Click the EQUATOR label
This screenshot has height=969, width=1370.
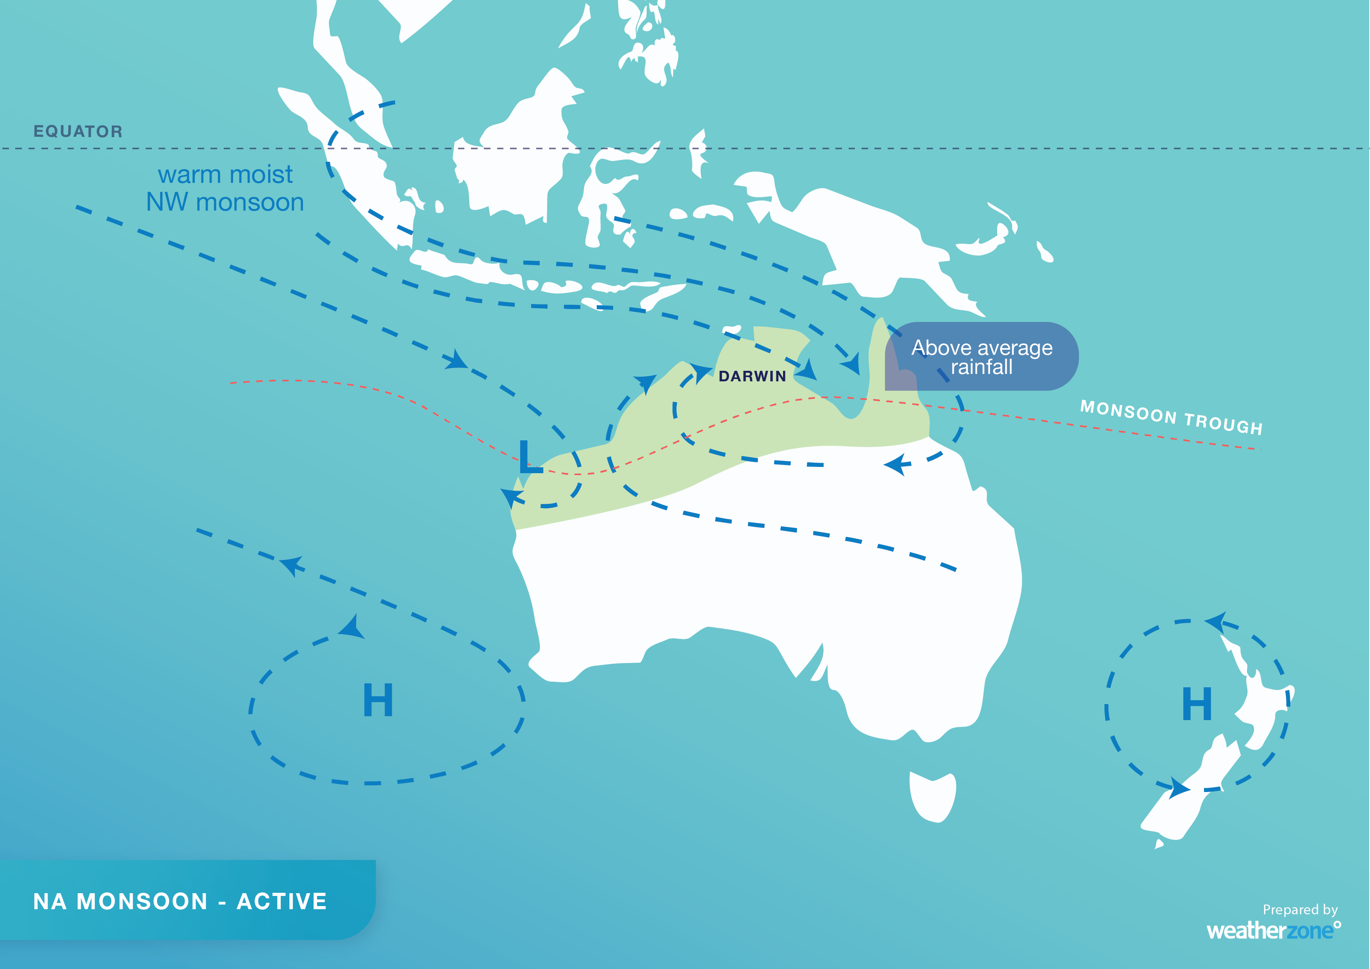coord(78,131)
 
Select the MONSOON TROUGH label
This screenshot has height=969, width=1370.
coord(1171,417)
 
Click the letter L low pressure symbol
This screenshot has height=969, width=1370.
coord(530,458)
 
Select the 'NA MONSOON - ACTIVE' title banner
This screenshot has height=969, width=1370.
coord(180,901)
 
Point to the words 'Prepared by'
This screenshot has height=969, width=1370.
coord(1300,909)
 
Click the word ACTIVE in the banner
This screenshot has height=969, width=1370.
coord(282,901)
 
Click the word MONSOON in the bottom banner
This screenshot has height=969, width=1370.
coord(142,901)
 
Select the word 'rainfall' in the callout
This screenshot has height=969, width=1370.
coord(981,367)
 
